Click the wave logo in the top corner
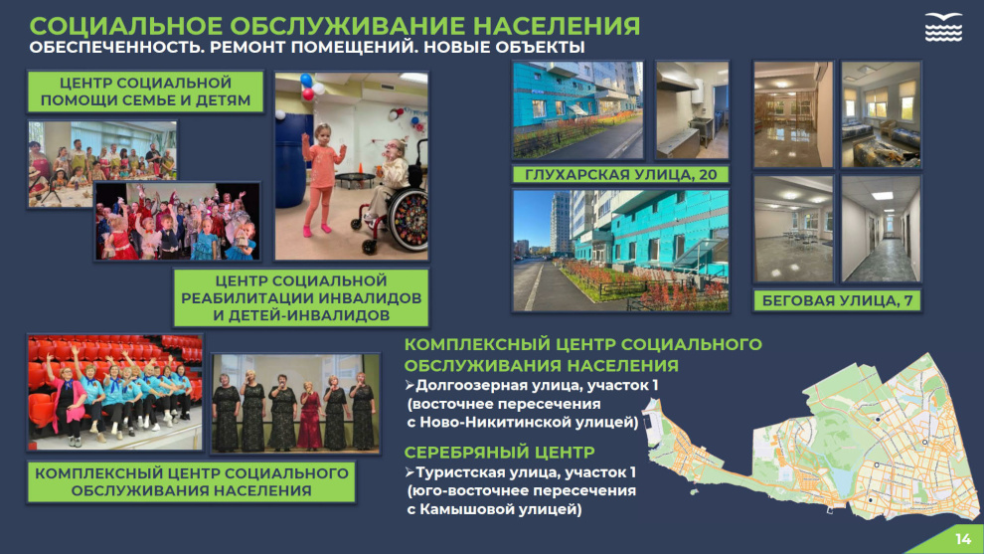(943, 27)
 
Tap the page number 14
(963, 539)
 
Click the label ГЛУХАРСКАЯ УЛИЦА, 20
(620, 175)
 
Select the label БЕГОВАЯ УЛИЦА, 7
(837, 300)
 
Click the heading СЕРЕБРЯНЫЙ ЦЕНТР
(500, 453)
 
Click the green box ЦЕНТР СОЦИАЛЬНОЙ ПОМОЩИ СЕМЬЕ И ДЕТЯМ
(145, 92)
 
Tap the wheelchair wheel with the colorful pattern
(408, 221)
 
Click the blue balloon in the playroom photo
(306, 81)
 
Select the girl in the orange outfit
(321, 180)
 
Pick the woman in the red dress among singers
(309, 415)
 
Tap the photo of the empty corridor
(881, 229)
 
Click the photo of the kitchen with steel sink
(692, 110)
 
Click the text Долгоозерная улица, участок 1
(537, 385)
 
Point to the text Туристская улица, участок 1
(525, 472)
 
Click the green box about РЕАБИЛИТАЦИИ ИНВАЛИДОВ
(301, 298)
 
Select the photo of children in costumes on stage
(177, 221)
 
